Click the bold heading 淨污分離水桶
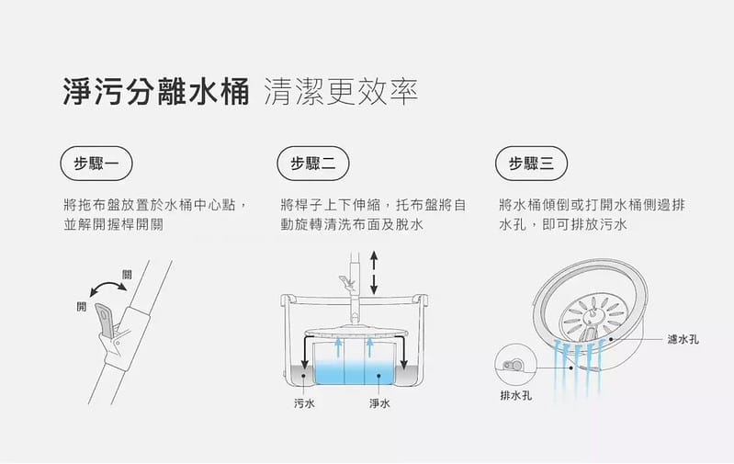pos(156,93)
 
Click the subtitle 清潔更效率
pos(340,93)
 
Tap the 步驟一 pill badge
pos(96,164)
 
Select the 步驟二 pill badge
pos(313,164)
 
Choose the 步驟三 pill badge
pos(531,164)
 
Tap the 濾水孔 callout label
pos(683,339)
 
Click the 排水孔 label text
pos(514,396)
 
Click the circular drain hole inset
pos(513,365)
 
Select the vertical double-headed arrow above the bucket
pos(374,273)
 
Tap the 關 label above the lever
pos(126,274)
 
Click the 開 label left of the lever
pos(81,306)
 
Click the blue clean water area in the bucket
pos(353,372)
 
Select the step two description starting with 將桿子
pos(373,214)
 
